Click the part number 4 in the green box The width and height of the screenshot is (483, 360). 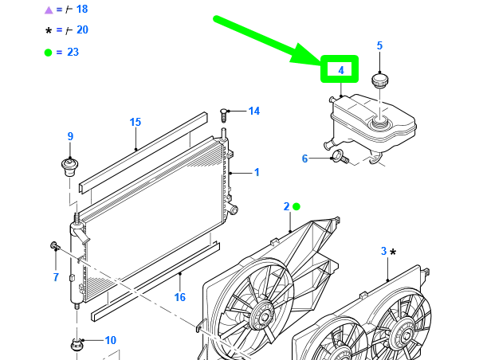click(340, 70)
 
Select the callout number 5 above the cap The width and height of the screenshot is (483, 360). click(379, 46)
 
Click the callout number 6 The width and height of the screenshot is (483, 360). click(304, 158)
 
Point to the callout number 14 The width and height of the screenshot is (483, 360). click(254, 111)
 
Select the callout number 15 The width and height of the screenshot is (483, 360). click(135, 122)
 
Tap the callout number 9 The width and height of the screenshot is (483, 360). click(70, 136)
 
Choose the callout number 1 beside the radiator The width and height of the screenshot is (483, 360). click(257, 172)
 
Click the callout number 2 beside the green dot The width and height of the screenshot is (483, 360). click(286, 206)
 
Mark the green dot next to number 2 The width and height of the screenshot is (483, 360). click(296, 206)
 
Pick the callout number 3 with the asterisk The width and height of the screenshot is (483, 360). click(383, 251)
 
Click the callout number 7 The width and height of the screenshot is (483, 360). click(56, 277)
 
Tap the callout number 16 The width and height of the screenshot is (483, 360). click(180, 297)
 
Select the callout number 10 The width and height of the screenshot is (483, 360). click(110, 340)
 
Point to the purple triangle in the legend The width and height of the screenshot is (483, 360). click(48, 10)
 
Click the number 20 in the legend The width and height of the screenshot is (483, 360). click(82, 29)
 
